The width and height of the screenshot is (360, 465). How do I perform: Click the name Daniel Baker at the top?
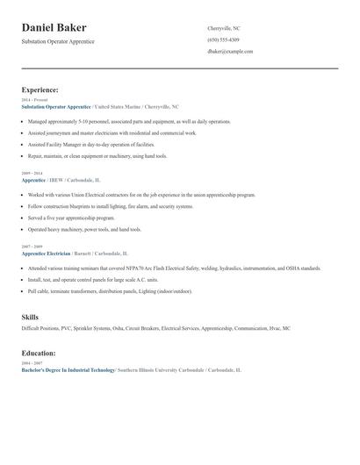click(x=54, y=28)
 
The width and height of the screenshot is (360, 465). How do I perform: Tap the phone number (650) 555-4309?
click(x=223, y=39)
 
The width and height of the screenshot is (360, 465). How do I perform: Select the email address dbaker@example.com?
click(x=230, y=52)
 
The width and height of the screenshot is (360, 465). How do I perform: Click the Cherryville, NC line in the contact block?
click(x=225, y=28)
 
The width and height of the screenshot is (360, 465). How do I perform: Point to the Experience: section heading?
click(x=40, y=89)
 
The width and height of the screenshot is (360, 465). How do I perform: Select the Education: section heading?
click(x=38, y=353)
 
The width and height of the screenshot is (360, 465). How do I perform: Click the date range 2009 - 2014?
click(x=32, y=174)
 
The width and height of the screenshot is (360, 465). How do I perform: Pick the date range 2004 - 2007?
click(x=32, y=363)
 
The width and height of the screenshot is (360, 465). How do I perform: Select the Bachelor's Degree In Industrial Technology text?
click(x=68, y=370)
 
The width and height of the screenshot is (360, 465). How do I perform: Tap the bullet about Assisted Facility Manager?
click(x=90, y=143)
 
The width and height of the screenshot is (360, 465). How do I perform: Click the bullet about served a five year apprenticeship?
click(x=71, y=217)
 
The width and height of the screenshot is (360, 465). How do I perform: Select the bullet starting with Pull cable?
click(x=109, y=290)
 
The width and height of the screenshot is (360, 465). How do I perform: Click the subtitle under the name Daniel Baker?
click(x=58, y=41)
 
